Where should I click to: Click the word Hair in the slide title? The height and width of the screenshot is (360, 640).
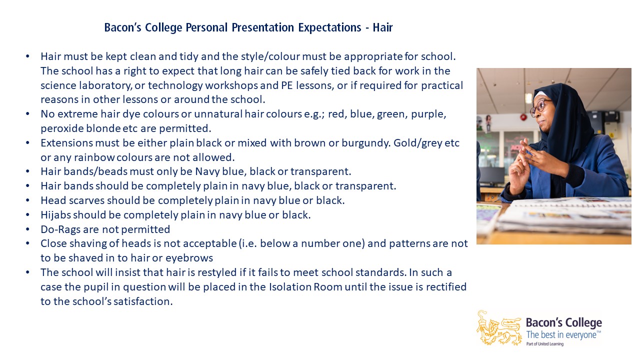coord(382,27)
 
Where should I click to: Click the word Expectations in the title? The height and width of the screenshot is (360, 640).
coord(329,27)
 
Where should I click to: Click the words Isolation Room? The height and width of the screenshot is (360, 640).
coord(305,287)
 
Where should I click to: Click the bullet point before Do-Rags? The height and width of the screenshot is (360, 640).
coord(27,229)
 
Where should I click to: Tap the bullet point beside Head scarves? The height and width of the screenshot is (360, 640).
coord(27,200)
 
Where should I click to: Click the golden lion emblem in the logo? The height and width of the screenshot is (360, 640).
coord(499,328)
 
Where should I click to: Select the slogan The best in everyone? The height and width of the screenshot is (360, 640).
coord(563,334)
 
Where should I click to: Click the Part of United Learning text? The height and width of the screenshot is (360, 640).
coord(545,344)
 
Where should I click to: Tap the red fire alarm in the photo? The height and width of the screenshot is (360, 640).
coord(523,117)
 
